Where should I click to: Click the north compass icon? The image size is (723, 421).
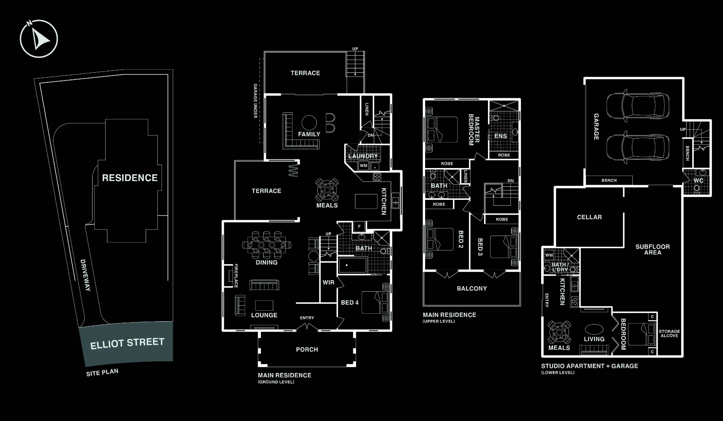click(x=39, y=39)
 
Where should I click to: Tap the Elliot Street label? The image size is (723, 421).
click(x=127, y=343)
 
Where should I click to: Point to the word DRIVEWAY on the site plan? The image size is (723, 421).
click(x=85, y=275)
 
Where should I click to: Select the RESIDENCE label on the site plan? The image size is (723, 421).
click(x=130, y=178)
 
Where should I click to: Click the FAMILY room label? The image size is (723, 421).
click(x=309, y=134)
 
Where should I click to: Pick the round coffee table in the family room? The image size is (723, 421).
click(x=309, y=123)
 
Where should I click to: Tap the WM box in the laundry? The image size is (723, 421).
click(x=363, y=166)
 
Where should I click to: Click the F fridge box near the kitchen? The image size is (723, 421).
click(x=359, y=227)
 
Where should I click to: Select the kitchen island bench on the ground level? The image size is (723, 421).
click(x=366, y=201)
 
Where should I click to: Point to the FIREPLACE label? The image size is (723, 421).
click(x=236, y=276)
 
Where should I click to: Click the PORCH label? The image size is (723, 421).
click(x=307, y=349)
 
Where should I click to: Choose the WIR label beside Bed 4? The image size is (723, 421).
click(x=328, y=283)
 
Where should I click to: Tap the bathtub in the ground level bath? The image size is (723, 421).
click(x=353, y=265)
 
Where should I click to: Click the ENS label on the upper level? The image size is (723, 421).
click(x=501, y=136)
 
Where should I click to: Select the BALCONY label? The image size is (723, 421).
click(x=472, y=288)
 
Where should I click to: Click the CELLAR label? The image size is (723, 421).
click(x=589, y=217)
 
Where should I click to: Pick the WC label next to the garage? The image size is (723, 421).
click(x=698, y=180)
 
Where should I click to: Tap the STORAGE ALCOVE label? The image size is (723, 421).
click(x=669, y=334)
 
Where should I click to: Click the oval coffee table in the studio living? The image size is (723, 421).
click(x=594, y=329)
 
